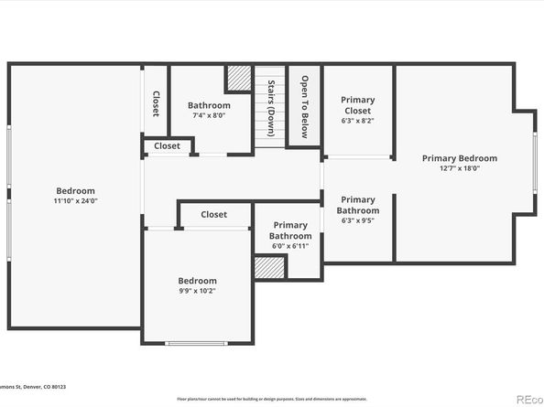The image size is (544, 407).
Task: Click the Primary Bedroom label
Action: pos(459,158)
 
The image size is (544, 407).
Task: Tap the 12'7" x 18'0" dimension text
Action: pos(459,168)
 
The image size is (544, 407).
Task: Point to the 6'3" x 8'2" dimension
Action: pos(357,120)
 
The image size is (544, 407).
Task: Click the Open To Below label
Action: pos(304,106)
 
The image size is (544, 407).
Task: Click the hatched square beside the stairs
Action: pos(240,78)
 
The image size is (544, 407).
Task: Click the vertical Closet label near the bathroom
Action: pos(156,104)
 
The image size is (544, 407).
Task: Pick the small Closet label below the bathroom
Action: pos(167,145)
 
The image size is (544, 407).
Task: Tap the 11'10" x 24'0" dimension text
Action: pos(75,201)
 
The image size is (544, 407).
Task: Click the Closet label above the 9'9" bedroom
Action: pos(213,215)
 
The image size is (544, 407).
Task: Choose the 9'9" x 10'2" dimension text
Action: pos(197,291)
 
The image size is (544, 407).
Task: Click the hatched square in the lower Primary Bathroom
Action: pos(269,268)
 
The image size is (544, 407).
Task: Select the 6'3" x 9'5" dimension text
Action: pos(357,220)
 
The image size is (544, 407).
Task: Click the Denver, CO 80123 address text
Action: pos(46,399)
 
